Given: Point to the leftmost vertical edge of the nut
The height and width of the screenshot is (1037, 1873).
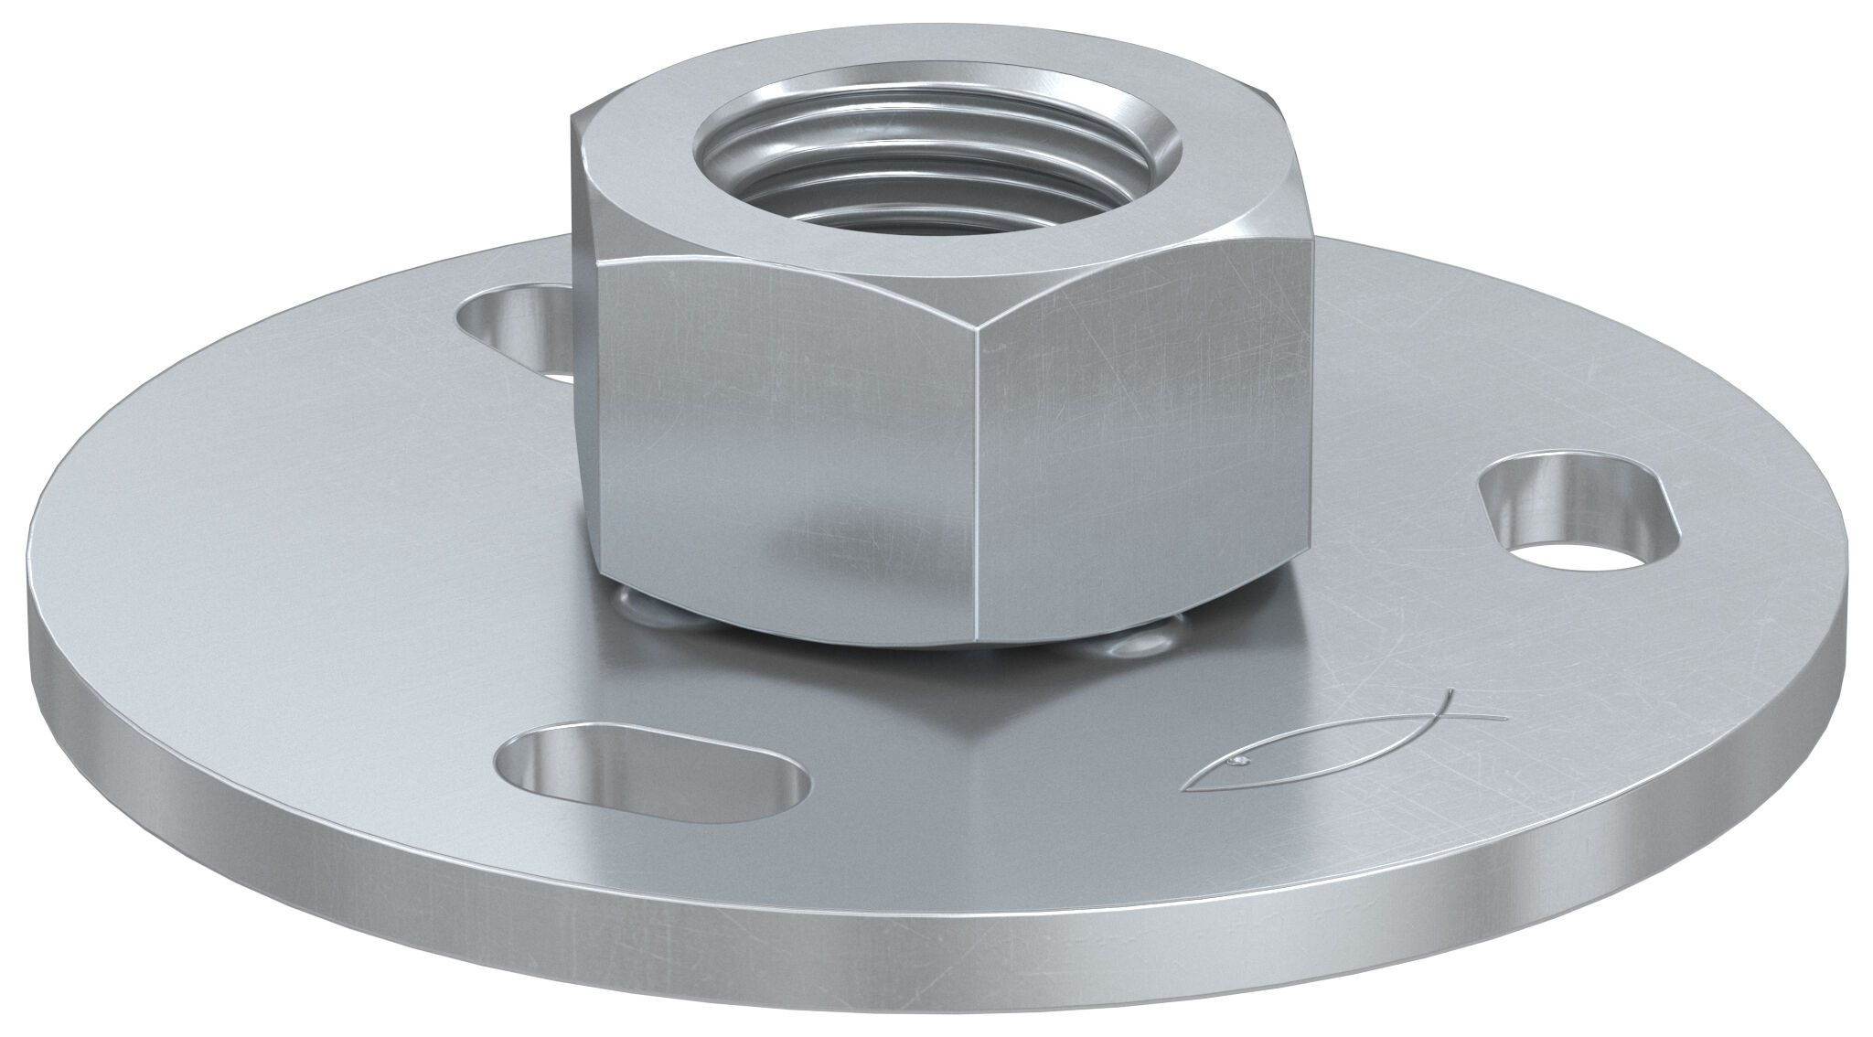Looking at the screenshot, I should (x=577, y=366).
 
